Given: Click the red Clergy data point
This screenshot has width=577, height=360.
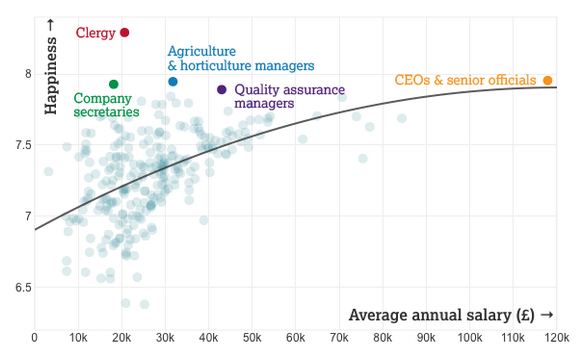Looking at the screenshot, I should (125, 32).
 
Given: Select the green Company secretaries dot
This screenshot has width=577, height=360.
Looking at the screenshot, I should (113, 84).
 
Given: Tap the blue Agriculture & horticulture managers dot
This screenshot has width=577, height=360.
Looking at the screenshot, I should (173, 82).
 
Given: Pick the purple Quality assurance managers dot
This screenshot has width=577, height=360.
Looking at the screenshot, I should (221, 89).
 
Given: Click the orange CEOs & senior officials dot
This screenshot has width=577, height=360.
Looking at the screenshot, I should (547, 80).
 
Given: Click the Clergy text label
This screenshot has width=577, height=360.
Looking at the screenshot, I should (96, 33).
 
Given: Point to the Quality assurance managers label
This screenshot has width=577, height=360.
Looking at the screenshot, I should (289, 95).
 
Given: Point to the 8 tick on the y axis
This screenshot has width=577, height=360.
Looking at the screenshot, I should (15, 74).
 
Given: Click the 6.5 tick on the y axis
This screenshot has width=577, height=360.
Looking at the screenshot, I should (15, 288).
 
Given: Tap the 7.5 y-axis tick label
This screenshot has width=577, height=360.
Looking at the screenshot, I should (15, 145).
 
